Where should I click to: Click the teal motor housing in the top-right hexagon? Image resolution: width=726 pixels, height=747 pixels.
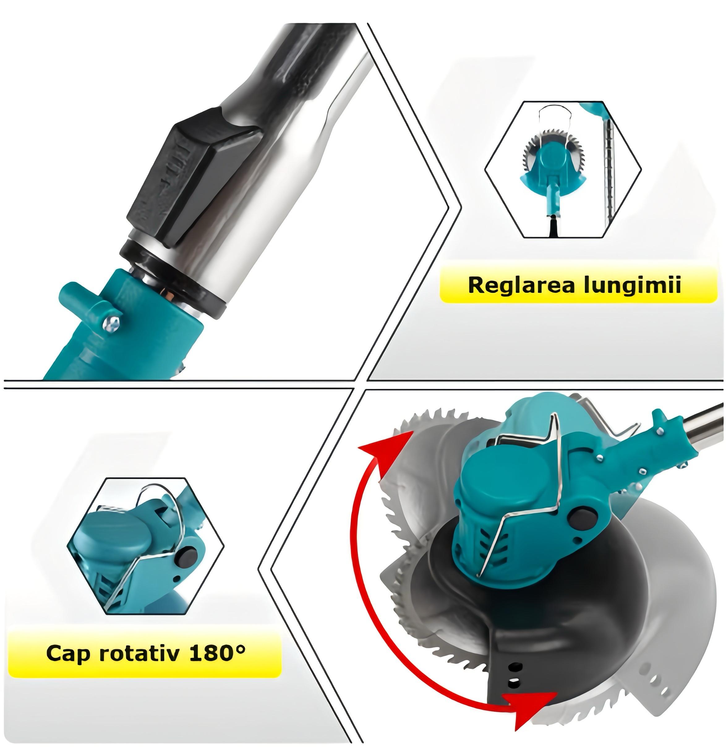(x=551, y=168)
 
